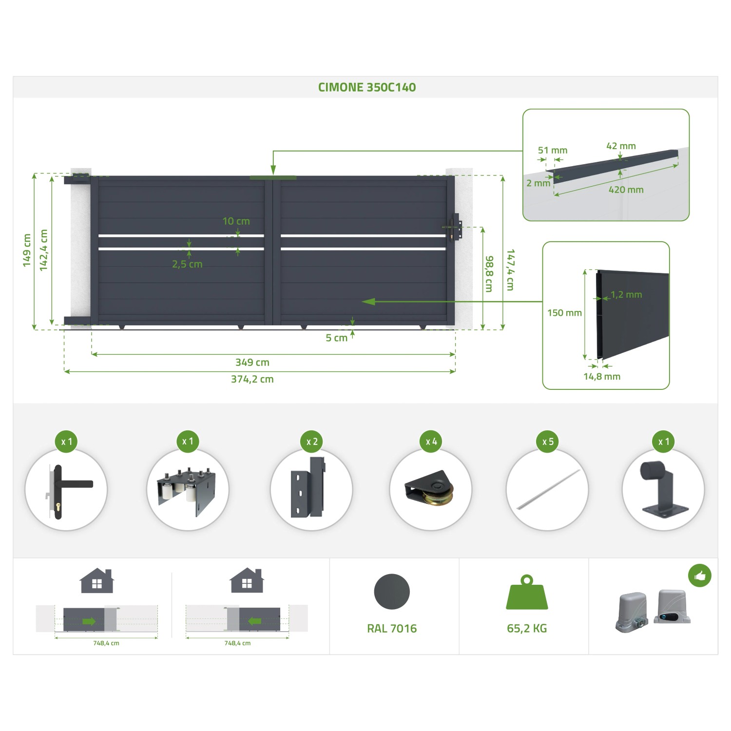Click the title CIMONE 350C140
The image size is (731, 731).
367,87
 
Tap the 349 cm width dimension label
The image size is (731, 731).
252,362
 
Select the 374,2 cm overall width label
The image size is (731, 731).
252,379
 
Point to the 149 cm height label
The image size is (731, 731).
27,250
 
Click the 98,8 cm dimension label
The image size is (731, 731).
489,274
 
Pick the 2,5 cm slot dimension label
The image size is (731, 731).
187,264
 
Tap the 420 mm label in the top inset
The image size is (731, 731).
626,190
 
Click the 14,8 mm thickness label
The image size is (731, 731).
602,376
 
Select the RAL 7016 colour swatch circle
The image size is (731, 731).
392,592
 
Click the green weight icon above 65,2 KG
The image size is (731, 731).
527,592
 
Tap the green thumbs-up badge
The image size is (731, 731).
700,576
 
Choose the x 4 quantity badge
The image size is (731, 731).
431,442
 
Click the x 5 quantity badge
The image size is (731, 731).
548,442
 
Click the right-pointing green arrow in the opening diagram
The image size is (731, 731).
89,621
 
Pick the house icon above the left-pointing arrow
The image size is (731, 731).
247,580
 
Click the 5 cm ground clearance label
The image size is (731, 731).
336,338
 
